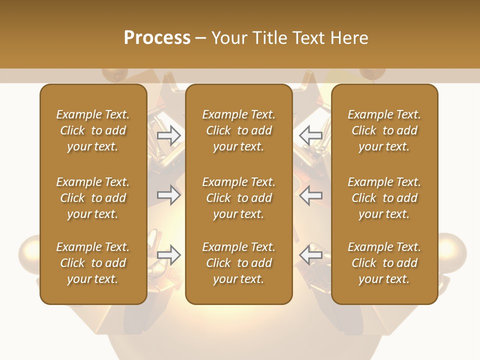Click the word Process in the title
tap(157, 38)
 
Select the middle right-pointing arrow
tap(169, 194)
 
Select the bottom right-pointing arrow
tap(169, 255)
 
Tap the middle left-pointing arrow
tap(311, 194)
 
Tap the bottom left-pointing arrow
tap(311, 255)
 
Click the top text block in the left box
tap(93, 130)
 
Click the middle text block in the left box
tap(93, 198)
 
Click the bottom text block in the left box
tap(93, 263)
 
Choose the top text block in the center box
tap(238, 130)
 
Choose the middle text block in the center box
tap(238, 198)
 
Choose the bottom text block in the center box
tap(238, 263)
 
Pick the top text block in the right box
tap(384, 130)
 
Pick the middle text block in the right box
tap(384, 198)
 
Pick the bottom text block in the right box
tap(384, 263)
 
